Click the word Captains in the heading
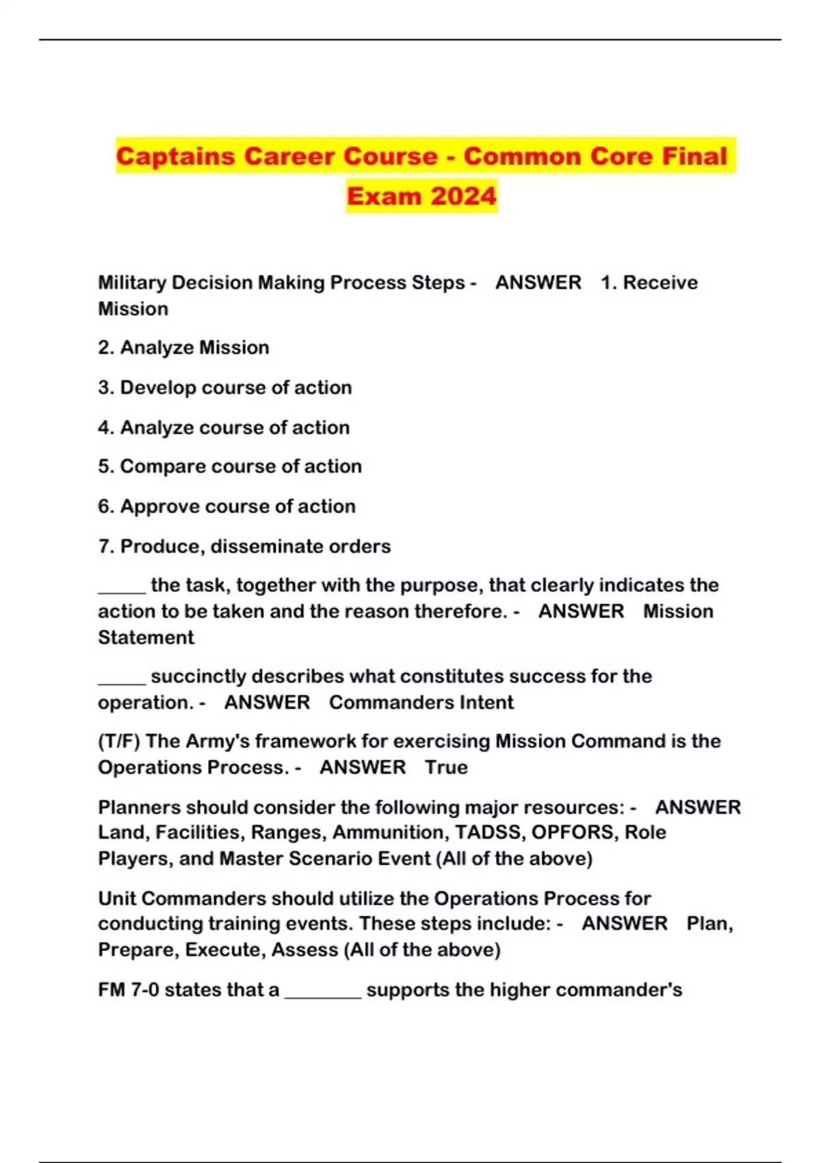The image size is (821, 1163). [x=175, y=156]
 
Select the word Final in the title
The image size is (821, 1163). [x=694, y=156]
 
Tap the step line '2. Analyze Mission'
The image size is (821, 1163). [x=183, y=348]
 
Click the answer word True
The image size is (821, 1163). [x=446, y=768]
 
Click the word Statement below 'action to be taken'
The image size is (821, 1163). [x=146, y=638]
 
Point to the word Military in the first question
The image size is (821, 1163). [x=132, y=283]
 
